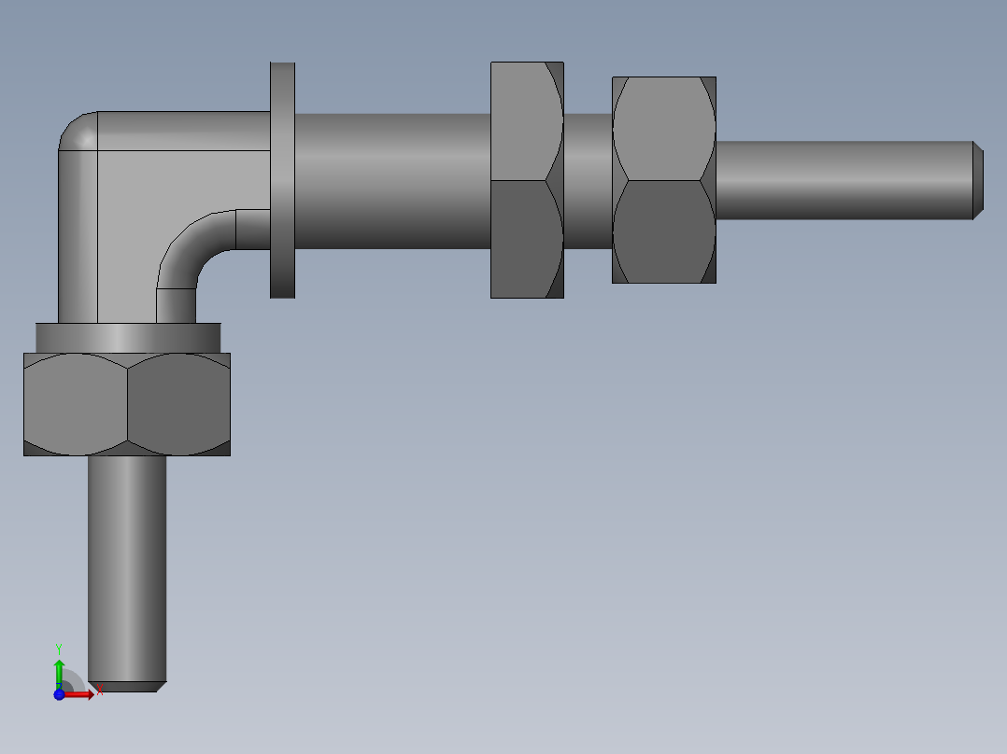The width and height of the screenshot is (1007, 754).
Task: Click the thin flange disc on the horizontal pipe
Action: click(x=282, y=180)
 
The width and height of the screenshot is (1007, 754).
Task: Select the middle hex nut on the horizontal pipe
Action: click(x=527, y=180)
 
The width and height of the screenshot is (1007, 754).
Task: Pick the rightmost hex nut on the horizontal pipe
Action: click(x=663, y=180)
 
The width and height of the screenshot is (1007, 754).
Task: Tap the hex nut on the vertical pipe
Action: click(x=127, y=404)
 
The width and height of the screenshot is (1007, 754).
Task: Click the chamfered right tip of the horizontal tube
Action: click(x=977, y=180)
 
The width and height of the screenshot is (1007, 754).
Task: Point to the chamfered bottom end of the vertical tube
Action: click(x=127, y=686)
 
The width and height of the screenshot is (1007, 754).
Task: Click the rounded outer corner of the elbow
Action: click(x=77, y=131)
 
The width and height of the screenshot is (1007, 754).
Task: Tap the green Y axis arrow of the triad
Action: click(x=59, y=666)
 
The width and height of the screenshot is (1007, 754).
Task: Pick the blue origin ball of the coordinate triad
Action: click(x=59, y=693)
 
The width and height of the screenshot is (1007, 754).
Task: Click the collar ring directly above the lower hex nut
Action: click(x=127, y=337)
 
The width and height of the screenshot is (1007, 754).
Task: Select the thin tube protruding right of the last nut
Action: click(x=841, y=180)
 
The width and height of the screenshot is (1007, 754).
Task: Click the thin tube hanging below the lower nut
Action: click(x=127, y=560)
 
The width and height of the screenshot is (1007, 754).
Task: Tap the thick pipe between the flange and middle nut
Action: click(x=392, y=180)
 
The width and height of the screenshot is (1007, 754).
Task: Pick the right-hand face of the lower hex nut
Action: click(x=177, y=404)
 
